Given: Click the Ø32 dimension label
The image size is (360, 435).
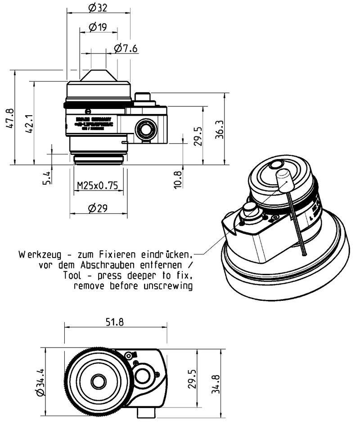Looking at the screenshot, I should [x=98, y=7].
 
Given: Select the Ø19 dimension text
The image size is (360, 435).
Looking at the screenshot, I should [x=98, y=27].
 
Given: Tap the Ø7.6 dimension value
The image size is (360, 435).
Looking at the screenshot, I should [x=126, y=49].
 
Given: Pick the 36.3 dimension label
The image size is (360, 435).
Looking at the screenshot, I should [x=219, y=129].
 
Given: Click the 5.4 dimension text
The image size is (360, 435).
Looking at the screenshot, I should [x=47, y=176].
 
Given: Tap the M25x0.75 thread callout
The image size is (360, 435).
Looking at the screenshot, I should [x=98, y=186].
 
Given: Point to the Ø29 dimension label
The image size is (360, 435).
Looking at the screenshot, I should [x=98, y=208].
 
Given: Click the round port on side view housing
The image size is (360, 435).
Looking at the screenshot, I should [x=146, y=129].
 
